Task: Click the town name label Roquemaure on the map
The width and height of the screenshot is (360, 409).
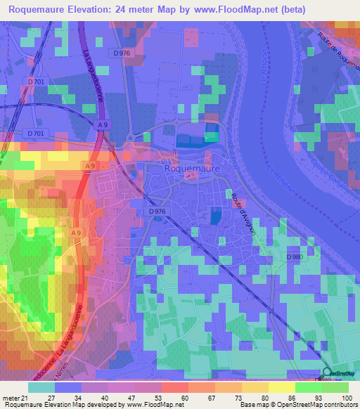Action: click(192, 169)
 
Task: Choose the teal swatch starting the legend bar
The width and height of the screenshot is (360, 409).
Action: click(41, 387)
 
